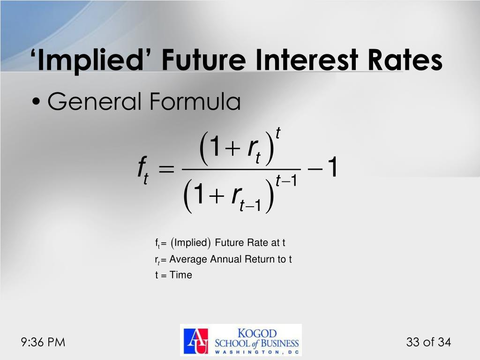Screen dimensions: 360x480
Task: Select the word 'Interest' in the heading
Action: tap(300, 61)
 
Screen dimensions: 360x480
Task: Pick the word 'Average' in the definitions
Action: tap(188, 259)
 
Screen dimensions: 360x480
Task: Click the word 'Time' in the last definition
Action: tap(181, 275)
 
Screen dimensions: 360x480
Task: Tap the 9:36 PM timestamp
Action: tap(43, 343)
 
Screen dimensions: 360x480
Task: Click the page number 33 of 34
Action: tap(428, 343)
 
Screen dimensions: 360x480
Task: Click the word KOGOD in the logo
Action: tap(258, 333)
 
